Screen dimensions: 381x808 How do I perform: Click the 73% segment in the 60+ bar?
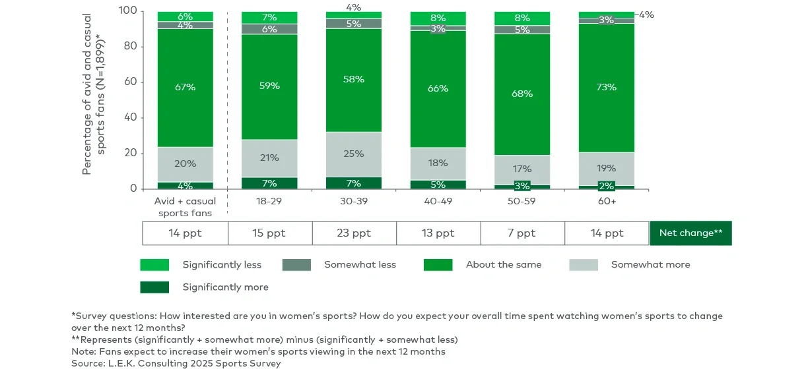click(606, 87)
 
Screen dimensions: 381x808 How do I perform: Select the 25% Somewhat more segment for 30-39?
click(353, 154)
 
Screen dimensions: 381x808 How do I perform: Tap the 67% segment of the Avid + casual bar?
click(185, 87)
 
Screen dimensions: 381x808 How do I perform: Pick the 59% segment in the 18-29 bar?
click(269, 86)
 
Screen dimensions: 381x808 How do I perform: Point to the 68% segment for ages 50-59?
click(522, 94)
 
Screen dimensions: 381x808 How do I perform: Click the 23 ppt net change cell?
click(354, 233)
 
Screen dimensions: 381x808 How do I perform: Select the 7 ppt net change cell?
click(522, 233)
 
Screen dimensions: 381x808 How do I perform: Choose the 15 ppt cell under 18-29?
click(269, 233)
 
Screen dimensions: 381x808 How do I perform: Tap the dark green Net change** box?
click(690, 233)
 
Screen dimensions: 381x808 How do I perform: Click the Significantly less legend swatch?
click(154, 265)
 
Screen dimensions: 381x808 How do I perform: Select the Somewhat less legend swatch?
click(296, 265)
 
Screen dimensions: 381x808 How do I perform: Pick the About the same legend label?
click(504, 265)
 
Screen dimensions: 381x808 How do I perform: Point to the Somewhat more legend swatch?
click(584, 265)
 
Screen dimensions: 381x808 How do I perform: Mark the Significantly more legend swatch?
click(154, 287)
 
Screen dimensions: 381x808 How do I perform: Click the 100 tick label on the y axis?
click(127, 11)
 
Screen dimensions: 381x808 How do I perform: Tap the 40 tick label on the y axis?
click(130, 118)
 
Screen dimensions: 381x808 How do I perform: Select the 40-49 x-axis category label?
click(438, 201)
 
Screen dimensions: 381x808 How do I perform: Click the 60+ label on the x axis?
click(606, 201)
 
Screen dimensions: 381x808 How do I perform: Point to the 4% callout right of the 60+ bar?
click(646, 15)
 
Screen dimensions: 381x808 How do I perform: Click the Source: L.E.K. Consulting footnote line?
click(176, 363)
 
